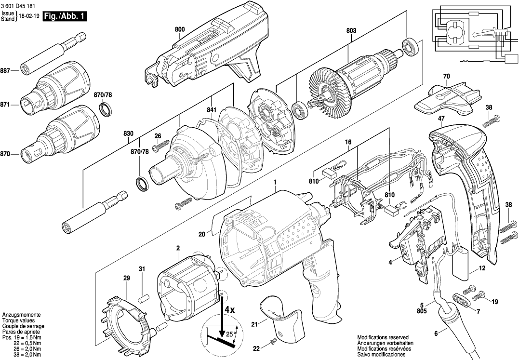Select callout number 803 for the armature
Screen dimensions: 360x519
(x=351, y=31)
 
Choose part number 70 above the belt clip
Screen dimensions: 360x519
(x=446, y=76)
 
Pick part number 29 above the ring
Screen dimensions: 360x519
(x=127, y=279)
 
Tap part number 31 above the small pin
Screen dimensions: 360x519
(x=142, y=268)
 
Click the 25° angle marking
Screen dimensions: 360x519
(x=230, y=333)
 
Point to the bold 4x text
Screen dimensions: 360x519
(x=228, y=309)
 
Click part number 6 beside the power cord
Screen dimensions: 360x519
(x=436, y=333)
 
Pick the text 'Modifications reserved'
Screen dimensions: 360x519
(x=383, y=337)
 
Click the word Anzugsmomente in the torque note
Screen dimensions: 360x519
(x=21, y=314)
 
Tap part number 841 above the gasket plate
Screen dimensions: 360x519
(x=211, y=110)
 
